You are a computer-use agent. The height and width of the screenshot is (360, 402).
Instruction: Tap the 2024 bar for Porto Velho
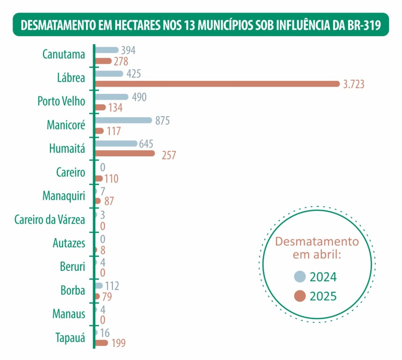coord(111,97)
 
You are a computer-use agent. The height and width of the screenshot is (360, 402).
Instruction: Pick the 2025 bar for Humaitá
coord(125,153)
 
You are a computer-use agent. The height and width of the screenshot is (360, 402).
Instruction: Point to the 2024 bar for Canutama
coord(106,50)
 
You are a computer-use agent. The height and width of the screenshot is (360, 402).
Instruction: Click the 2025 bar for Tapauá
coord(101,343)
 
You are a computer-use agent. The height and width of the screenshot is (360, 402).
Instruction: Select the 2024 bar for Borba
coord(99,285)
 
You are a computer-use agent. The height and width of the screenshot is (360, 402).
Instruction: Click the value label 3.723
coord(354,84)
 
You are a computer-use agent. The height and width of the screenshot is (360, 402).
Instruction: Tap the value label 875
coord(162,121)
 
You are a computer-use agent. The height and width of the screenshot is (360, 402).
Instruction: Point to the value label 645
coord(146,144)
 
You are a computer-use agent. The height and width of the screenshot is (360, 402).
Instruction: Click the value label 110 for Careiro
coord(111,179)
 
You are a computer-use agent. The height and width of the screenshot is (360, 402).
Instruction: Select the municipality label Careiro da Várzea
coord(49,219)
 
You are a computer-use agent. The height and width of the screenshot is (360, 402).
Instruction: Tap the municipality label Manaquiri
coord(64,196)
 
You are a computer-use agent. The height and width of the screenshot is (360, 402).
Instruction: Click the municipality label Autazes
coord(69,243)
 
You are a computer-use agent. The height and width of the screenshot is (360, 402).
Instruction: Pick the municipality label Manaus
coord(69,314)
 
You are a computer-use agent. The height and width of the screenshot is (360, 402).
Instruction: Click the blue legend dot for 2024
coord(300,276)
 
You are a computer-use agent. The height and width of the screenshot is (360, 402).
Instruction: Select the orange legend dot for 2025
coord(300,296)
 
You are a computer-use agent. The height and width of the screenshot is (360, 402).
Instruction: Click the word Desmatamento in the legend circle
coord(317,241)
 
